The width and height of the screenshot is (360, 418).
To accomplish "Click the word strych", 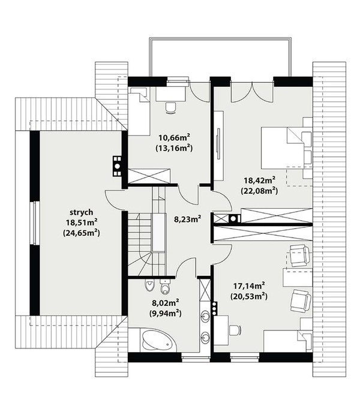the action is [82, 212].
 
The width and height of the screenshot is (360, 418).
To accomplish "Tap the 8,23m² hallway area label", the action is [187, 219].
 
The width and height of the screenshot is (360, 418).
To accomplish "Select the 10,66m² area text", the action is [174, 138].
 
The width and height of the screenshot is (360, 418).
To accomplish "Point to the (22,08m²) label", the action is [259, 191].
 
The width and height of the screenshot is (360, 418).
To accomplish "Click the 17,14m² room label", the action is [249, 286].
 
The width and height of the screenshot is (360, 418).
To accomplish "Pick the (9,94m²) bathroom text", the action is [166, 314].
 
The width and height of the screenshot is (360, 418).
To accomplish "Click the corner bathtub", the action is [157, 341].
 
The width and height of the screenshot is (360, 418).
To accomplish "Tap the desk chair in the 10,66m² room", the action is [170, 108].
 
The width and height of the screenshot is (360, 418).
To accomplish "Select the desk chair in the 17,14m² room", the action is [235, 330].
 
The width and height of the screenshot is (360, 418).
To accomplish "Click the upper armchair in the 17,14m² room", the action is [300, 255].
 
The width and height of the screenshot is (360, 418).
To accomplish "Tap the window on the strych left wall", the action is [34, 223].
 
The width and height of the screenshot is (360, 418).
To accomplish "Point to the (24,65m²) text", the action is [82, 233].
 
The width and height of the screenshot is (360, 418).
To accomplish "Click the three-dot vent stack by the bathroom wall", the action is [214, 308].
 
